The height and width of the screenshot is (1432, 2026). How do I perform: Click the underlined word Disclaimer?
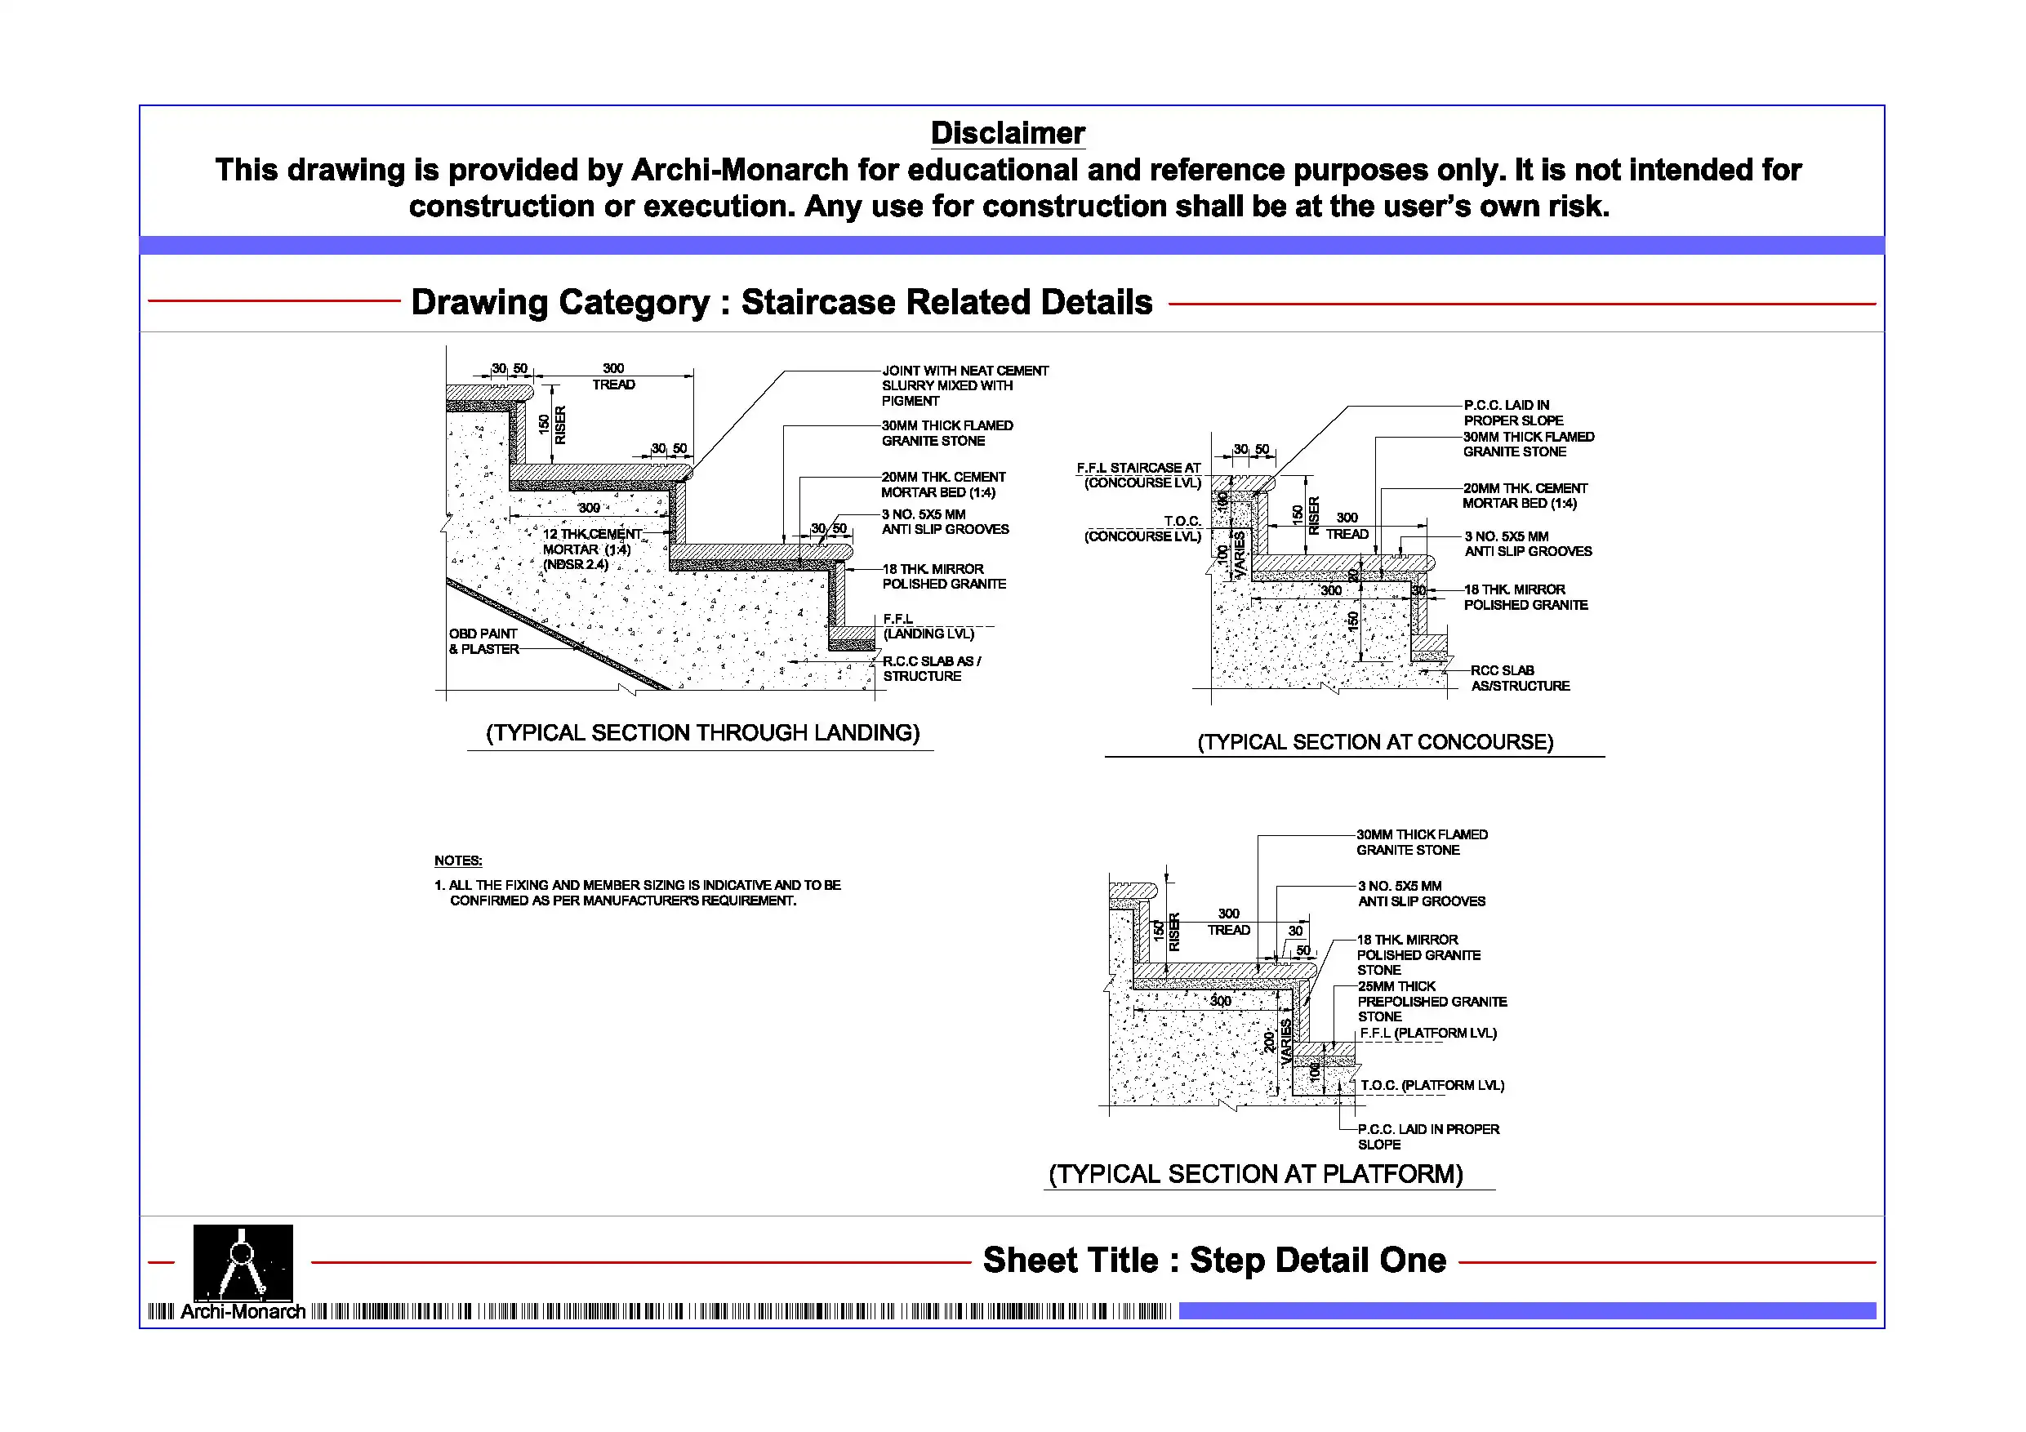1007,133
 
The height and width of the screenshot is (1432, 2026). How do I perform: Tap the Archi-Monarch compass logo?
243,1263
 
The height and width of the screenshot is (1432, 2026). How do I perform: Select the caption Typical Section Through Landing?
702,733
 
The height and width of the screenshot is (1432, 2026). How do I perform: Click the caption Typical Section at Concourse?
1375,742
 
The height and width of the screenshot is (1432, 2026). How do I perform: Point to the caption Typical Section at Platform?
1256,1174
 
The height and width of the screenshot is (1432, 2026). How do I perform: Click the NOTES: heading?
458,861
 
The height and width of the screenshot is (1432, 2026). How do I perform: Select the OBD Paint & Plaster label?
483,642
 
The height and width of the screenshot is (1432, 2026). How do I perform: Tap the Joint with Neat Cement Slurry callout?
964,385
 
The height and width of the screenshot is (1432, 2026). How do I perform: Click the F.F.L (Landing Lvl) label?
928,626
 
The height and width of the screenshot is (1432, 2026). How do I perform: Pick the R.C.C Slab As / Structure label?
931,669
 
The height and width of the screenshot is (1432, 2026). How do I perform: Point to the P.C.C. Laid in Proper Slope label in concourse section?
1512,413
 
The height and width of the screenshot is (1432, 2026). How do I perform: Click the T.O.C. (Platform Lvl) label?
1432,1085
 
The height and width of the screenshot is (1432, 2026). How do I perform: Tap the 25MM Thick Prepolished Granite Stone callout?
1432,1002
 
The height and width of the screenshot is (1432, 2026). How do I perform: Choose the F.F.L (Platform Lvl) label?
1427,1034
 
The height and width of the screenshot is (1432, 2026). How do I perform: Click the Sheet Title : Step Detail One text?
1214,1261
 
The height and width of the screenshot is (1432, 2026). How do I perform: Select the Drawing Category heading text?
781,302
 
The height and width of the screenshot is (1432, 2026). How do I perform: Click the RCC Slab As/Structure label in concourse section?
1520,678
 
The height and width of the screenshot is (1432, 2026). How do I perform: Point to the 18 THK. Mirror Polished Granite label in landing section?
943,576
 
